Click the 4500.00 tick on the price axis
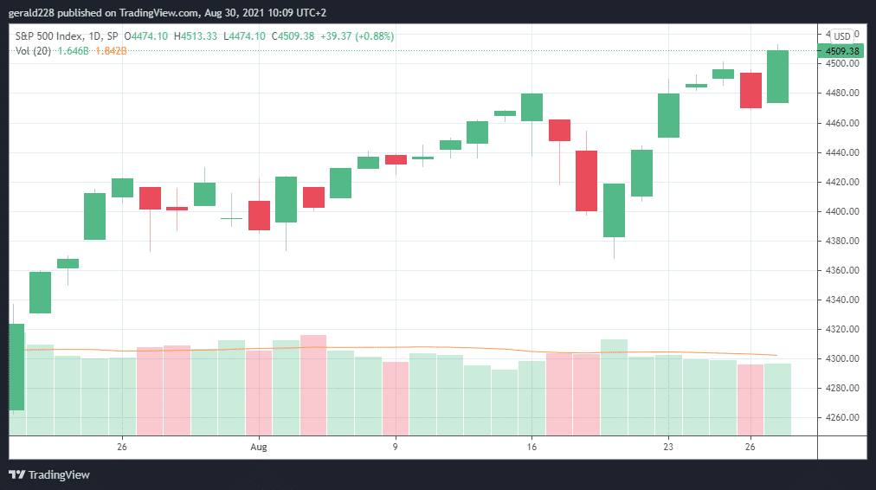(842, 64)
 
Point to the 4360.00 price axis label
(842, 270)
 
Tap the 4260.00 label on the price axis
(842, 417)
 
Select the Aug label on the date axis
(258, 448)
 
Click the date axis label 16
(531, 448)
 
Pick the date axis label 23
(668, 448)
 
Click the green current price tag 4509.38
(842, 51)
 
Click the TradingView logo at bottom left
(49, 474)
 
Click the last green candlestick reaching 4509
(777, 76)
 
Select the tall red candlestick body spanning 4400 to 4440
(586, 181)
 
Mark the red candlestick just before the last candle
(750, 90)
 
